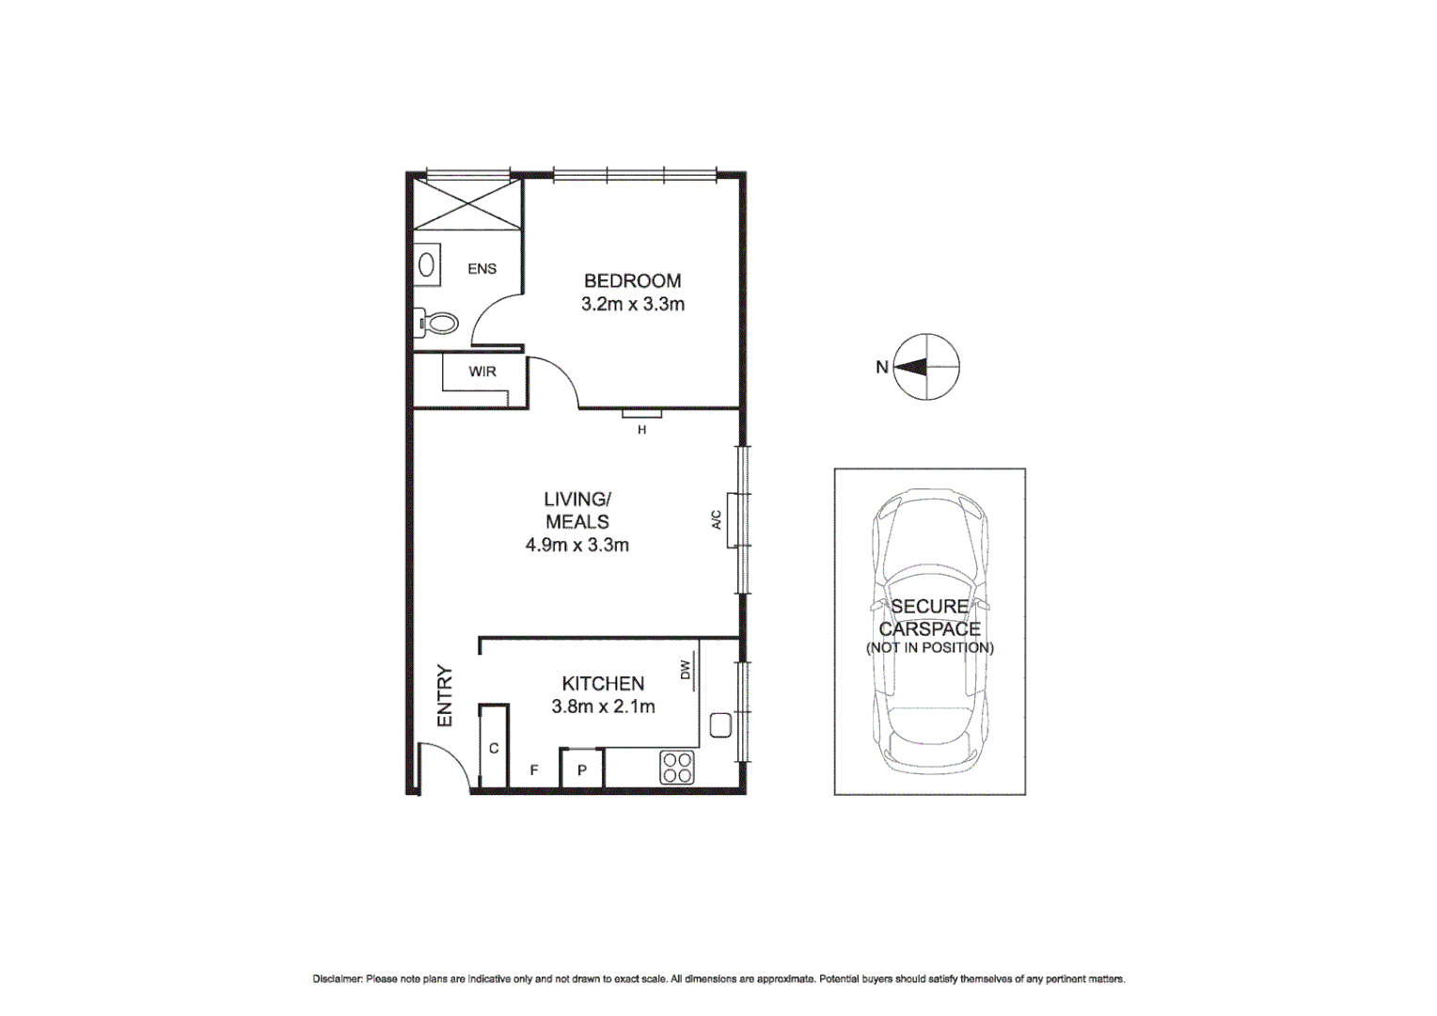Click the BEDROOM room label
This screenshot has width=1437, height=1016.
click(632, 280)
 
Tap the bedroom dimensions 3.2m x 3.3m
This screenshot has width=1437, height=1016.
click(632, 304)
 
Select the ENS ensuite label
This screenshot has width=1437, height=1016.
click(482, 269)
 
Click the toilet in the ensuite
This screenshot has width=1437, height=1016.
click(437, 324)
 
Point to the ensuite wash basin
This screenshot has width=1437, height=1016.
click(426, 265)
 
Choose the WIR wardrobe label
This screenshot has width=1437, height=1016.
click(482, 372)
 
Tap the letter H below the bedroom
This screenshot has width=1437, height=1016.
click(642, 430)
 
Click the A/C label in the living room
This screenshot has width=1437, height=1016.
click(716, 519)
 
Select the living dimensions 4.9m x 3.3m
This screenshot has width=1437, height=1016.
click(576, 545)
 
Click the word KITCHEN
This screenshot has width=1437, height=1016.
click(603, 684)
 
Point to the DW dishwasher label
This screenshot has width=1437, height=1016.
click(685, 670)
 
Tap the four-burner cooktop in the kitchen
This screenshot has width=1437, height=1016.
click(677, 768)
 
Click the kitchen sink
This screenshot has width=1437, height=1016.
click(720, 725)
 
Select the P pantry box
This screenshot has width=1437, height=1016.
click(582, 770)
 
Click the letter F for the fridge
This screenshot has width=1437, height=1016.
click(534, 770)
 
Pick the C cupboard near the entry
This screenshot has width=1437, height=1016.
click(494, 748)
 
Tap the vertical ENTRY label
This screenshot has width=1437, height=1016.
click(445, 696)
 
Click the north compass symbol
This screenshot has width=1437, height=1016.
click(925, 367)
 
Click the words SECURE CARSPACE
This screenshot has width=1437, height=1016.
click(929, 618)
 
